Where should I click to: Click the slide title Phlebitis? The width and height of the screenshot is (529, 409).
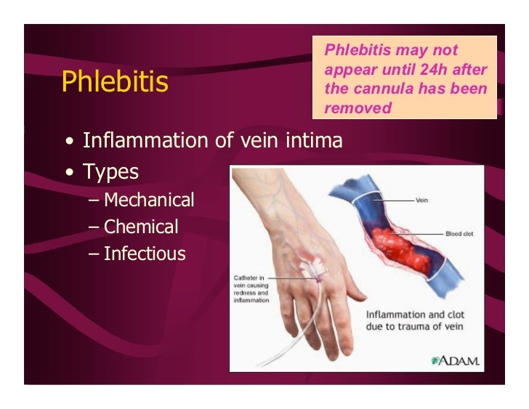pyautogui.click(x=115, y=81)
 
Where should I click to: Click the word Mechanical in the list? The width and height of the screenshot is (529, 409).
pyautogui.click(x=149, y=200)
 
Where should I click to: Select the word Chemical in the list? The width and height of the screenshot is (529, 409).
pyautogui.click(x=141, y=227)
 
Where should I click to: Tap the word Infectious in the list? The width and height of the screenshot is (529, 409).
pyautogui.click(x=145, y=254)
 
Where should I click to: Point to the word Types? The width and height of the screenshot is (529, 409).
pyautogui.click(x=110, y=172)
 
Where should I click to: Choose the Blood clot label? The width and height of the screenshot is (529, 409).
pyautogui.click(x=459, y=234)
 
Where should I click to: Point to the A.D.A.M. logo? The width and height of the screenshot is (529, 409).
pyautogui.click(x=456, y=360)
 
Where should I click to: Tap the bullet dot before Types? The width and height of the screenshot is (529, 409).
pyautogui.click(x=69, y=174)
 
